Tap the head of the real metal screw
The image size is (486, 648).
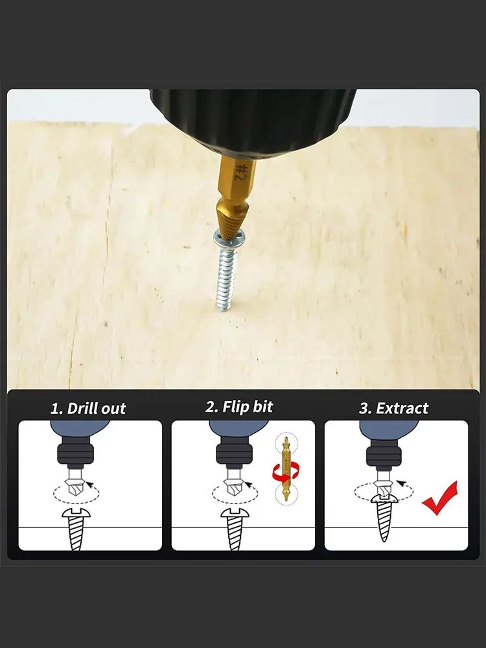pos(227,240)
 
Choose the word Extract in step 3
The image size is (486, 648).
pos(402,408)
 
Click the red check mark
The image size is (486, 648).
pos(440,498)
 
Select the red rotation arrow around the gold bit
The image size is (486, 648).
pos(285,471)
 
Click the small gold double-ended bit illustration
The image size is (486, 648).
pos(286,469)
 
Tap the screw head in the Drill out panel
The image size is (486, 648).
pos(76,513)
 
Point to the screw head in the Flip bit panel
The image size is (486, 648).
pos(235,513)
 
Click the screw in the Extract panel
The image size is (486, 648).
pos(384,517)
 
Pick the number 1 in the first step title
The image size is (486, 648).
pos(55,409)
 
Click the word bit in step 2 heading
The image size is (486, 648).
pos(263,407)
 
